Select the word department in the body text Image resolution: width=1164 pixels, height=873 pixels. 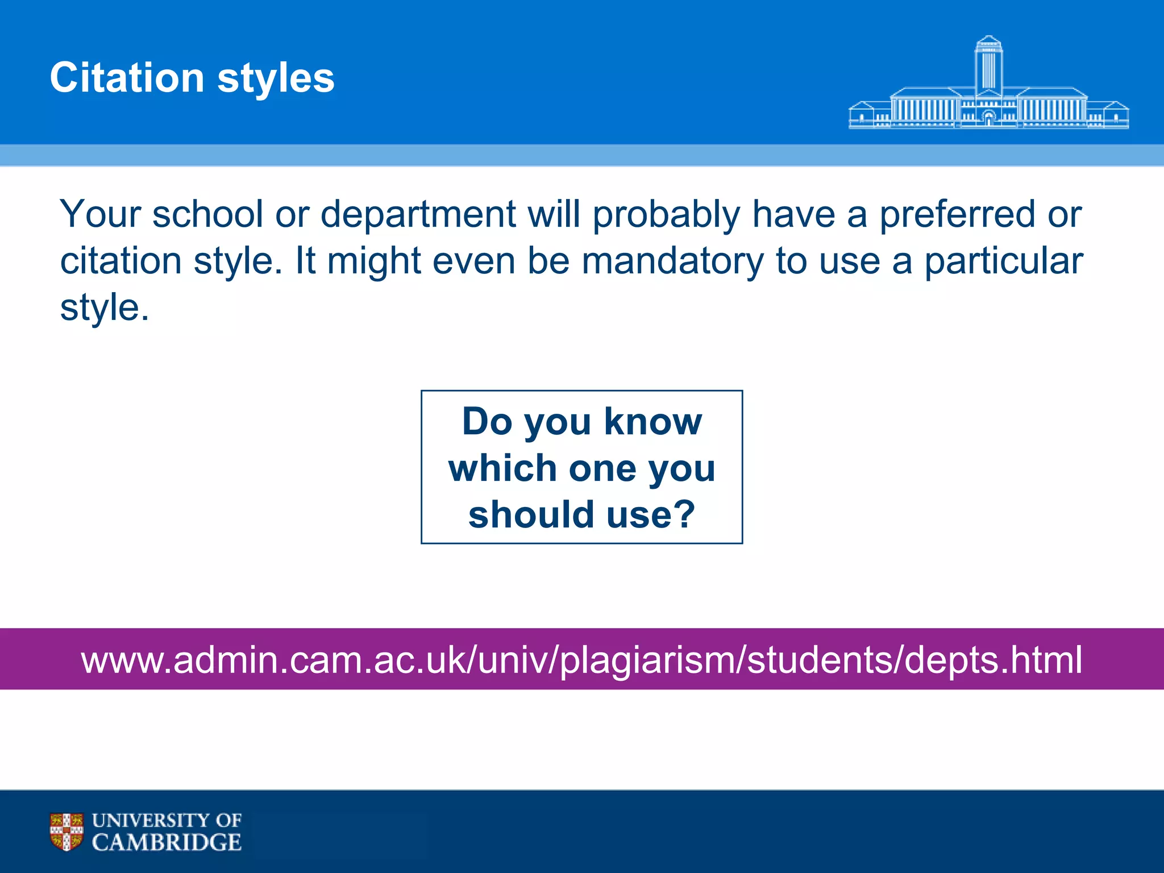tap(418, 215)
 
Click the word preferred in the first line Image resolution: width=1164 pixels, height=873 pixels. tap(957, 215)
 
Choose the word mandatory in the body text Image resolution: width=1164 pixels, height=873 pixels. tap(673, 262)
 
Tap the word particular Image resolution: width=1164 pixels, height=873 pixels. tap(1004, 262)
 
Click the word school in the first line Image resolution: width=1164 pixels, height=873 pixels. tap(207, 214)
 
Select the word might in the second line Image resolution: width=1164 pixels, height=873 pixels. tap(374, 262)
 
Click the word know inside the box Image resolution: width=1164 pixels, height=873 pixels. tap(653, 422)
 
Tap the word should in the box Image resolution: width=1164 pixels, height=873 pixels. tap(531, 515)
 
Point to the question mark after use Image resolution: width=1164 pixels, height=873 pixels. tap(684, 514)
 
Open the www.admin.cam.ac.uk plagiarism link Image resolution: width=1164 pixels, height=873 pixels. tap(581, 660)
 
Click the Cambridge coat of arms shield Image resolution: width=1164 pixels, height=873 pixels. tap(66, 832)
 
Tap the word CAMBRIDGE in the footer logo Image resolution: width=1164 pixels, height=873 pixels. tap(167, 842)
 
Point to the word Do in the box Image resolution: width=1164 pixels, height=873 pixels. tap(487, 422)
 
